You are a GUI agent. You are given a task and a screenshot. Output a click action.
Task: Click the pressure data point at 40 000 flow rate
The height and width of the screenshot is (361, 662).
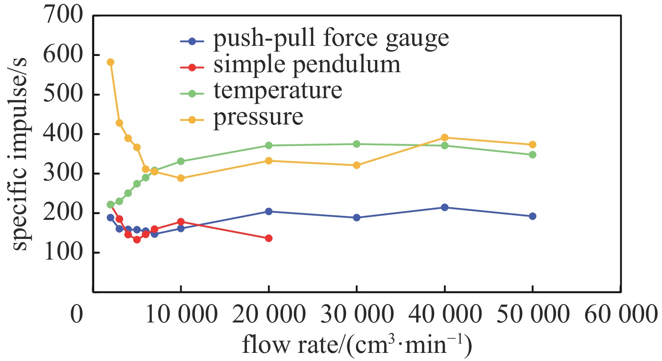pos(445,138)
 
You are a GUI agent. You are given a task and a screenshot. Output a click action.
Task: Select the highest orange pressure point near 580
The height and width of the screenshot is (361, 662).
pos(110,62)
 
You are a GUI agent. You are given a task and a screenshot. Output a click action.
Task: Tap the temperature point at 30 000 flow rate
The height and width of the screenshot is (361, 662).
pos(357,144)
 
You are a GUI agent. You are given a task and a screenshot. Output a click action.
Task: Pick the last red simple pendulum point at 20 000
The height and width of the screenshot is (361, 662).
pos(268,238)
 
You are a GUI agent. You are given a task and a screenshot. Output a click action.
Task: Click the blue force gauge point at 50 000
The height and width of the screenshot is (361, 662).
pos(532,216)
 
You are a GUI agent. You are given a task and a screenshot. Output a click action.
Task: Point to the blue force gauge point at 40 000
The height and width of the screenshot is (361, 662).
pos(445,207)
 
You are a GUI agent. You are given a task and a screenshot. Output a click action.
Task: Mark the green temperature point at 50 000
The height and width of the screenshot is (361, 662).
pos(532,155)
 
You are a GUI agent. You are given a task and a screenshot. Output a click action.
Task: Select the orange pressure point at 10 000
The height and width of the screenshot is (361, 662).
pos(181,178)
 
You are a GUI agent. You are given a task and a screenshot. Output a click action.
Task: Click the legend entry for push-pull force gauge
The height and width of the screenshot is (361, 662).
pos(331,39)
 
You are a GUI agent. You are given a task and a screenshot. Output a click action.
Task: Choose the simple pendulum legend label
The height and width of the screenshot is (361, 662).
pos(307,65)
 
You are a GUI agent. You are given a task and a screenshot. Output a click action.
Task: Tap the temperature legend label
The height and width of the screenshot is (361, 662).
pos(278,91)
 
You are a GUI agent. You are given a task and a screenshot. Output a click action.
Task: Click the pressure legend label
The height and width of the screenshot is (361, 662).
pos(258,118)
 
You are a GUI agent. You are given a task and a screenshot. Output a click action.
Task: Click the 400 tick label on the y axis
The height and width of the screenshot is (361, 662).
pos(63,134)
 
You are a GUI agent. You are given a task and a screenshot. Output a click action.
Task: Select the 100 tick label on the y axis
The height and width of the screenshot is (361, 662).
pos(63,252)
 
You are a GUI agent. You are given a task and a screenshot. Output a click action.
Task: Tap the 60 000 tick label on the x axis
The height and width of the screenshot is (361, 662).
pos(620,314)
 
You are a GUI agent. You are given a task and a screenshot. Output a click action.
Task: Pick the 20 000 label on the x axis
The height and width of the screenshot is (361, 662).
pos(268,314)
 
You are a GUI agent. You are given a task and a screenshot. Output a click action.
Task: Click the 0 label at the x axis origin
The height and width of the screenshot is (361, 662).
pos(77,314)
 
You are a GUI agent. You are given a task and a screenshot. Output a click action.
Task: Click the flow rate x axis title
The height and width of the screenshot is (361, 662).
pos(357,345)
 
